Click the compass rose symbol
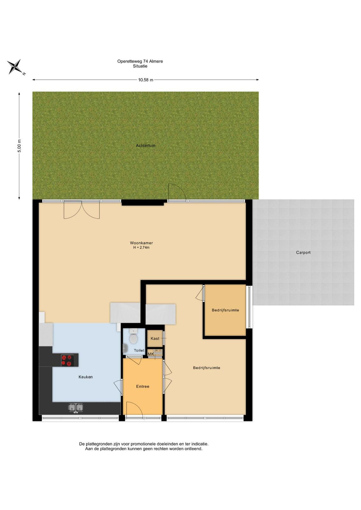pos(15,67)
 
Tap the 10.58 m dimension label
pos(145,80)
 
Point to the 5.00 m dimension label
pos(19,146)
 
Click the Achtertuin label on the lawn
pos(145,145)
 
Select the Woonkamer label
pos(141,243)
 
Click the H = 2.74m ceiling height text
pos(141,247)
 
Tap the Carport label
pos(303,252)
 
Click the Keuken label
pos(85,377)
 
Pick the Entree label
pos(143,386)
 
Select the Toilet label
pos(139,350)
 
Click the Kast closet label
pos(155,339)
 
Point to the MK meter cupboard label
pos(151,354)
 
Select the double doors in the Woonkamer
pos(82,210)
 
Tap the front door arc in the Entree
pos(134,410)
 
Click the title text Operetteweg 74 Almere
pos(140,61)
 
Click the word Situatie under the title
pos(140,66)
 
